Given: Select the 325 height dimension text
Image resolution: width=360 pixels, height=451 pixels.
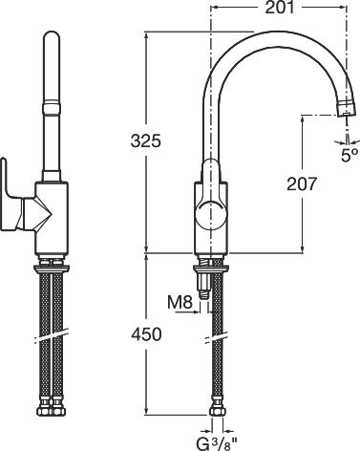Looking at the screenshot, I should [146, 140].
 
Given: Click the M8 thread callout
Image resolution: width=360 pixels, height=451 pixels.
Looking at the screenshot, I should [180, 304].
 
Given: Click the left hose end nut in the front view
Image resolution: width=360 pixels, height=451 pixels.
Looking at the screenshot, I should [44, 413].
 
